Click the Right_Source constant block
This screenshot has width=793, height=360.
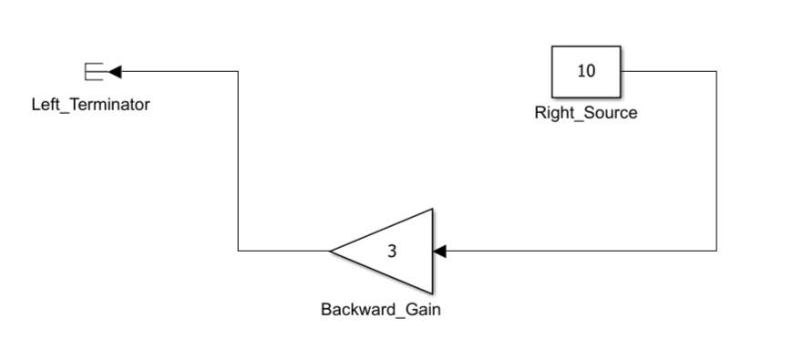click(586, 72)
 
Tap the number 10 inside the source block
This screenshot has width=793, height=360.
click(586, 71)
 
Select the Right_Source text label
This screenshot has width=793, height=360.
click(586, 113)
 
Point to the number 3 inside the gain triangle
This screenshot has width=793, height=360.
click(392, 252)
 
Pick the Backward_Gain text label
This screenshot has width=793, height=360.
click(381, 310)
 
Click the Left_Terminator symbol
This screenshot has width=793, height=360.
click(94, 72)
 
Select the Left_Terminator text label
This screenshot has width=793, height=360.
click(90, 105)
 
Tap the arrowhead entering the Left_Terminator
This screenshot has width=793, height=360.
click(115, 72)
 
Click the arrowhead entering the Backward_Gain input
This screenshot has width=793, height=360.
click(440, 251)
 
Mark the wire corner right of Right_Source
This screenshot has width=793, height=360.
click(716, 71)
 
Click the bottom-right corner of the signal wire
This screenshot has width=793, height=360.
click(716, 251)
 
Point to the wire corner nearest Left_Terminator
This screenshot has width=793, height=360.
click(238, 71)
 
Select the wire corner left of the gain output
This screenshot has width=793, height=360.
click(238, 251)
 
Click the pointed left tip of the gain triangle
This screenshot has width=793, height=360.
click(330, 251)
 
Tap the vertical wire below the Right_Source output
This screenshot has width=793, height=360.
click(716, 160)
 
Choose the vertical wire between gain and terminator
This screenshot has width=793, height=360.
click(238, 160)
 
